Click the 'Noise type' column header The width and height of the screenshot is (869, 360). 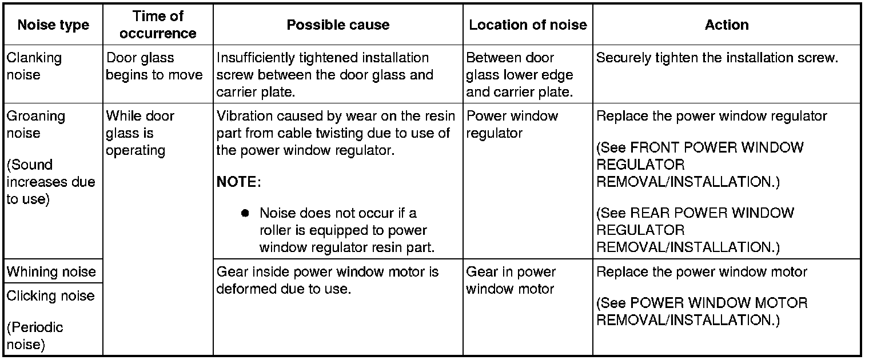(x=53, y=25)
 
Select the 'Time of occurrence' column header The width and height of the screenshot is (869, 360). (x=158, y=25)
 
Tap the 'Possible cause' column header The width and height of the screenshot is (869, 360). (x=338, y=25)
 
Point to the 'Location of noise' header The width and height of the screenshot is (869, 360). (x=528, y=25)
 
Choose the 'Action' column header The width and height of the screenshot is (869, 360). (x=727, y=25)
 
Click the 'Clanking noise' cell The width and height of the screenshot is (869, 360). (x=34, y=66)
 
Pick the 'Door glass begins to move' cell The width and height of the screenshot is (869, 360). (x=154, y=66)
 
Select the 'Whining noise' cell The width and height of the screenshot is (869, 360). (x=51, y=271)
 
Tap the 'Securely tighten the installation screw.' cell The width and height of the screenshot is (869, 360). (x=717, y=58)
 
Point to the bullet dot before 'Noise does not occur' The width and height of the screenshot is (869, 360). (x=245, y=213)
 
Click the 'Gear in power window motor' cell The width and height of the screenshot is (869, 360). (x=511, y=280)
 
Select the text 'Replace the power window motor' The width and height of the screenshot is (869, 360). (x=701, y=272)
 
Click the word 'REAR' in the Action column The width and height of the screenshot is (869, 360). (x=650, y=214)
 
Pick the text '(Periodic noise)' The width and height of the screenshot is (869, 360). (x=34, y=335)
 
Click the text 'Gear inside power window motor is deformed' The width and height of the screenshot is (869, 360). (x=327, y=280)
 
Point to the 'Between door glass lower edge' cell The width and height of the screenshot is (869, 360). (x=519, y=75)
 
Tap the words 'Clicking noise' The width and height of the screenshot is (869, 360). (x=50, y=296)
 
